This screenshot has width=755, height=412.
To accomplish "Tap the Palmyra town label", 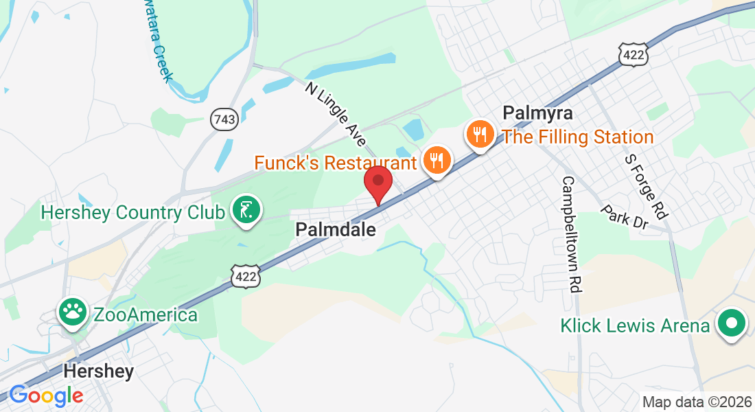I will point(537,113).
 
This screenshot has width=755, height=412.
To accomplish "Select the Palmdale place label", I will point(336,230).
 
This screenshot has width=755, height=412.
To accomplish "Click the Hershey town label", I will point(98,371).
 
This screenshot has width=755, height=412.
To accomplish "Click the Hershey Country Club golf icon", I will point(245,211).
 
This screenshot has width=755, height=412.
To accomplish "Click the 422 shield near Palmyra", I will point(632,56).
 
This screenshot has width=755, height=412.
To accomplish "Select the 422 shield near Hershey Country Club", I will point(245,276).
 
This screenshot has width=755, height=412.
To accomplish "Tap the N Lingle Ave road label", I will point(336,115).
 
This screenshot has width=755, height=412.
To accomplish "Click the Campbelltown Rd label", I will point(570,234).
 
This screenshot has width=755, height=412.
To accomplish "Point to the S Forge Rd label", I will point(645,185).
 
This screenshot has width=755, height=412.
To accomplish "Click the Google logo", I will point(46,395).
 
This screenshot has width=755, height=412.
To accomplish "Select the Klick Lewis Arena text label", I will point(635,325).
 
